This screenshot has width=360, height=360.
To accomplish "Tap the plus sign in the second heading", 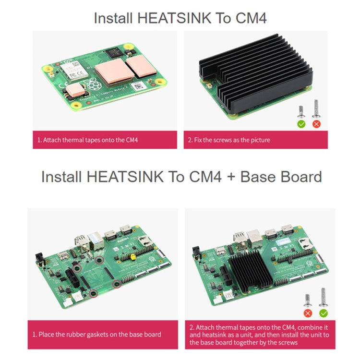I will [x=230, y=177].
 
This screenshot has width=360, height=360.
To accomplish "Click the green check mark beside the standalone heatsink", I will [x=301, y=123].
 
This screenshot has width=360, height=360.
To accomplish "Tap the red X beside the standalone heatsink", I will [x=316, y=123].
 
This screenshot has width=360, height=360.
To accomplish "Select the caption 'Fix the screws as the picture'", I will [x=229, y=140].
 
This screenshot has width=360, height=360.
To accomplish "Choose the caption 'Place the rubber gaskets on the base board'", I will [x=96, y=334].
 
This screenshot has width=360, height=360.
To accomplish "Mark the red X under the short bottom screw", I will [x=308, y=313].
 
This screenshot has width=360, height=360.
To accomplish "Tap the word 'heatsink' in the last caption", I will [x=208, y=335].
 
